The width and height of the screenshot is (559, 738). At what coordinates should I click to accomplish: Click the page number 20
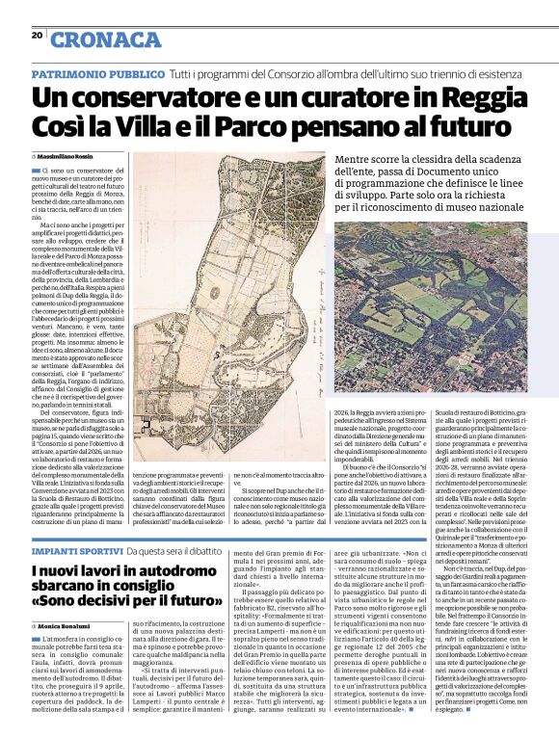tap(37, 35)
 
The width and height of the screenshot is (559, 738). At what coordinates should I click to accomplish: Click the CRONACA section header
tap(106, 40)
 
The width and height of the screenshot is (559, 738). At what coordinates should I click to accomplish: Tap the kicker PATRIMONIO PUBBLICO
tap(97, 74)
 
